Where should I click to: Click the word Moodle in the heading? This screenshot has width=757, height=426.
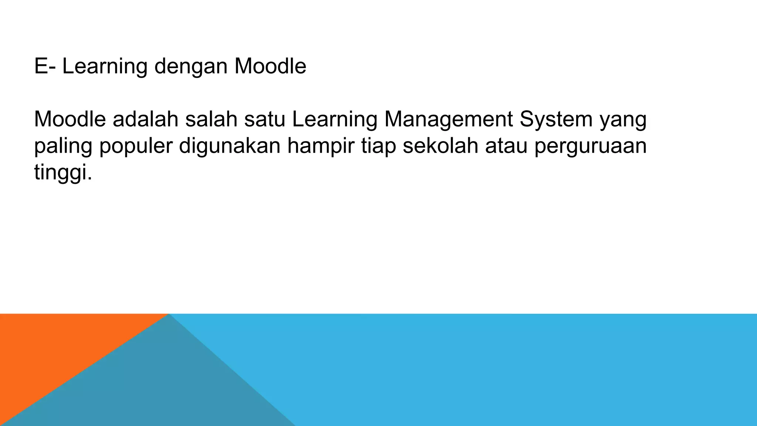(270, 66)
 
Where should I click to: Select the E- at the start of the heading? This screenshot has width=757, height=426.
(45, 66)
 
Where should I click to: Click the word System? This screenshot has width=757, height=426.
(556, 120)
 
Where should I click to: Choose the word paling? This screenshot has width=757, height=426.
(63, 146)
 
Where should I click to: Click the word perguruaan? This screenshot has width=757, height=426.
(590, 146)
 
